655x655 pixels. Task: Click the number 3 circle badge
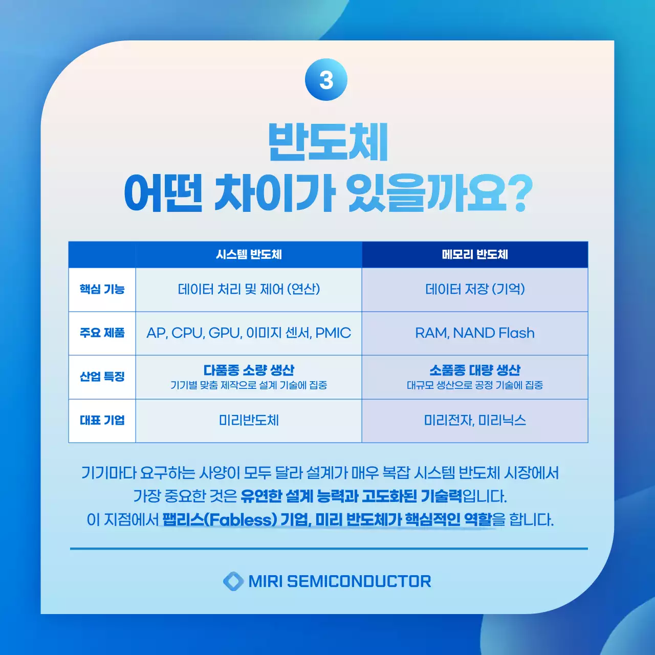coord(326,80)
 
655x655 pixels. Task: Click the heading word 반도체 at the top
coord(328,142)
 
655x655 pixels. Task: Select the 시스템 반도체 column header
coord(249,254)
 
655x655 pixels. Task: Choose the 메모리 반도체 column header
coord(475,254)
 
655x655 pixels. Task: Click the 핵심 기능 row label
coord(102,289)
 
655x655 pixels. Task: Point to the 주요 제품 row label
coord(102,333)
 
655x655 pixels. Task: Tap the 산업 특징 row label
coord(102,377)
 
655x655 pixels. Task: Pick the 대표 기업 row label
coord(102,420)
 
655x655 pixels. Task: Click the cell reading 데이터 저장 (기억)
coord(475,289)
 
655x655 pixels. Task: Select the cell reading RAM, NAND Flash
coord(475,333)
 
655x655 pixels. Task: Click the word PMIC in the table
coord(333,333)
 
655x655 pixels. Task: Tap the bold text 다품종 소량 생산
coord(249,370)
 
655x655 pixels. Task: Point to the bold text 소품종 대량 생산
coord(475,370)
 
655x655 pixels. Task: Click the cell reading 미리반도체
coord(249,420)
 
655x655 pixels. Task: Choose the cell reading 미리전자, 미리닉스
coord(475,420)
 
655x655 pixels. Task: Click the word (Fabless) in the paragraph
coord(241,520)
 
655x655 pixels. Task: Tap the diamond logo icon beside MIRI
coord(233,581)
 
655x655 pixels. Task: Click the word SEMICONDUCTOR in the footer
coord(359,581)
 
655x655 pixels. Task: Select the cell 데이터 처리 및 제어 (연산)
coord(249,289)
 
